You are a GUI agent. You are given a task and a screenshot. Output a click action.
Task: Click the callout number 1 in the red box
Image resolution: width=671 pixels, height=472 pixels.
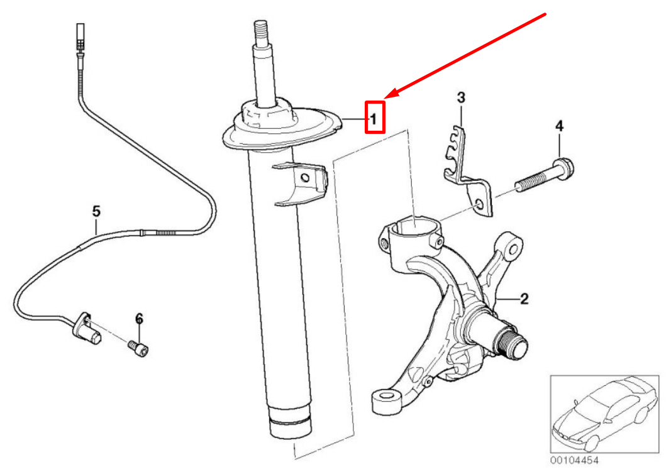pyautogui.click(x=374, y=118)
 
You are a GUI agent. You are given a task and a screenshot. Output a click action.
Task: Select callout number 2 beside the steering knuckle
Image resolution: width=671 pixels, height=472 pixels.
pyautogui.click(x=524, y=299)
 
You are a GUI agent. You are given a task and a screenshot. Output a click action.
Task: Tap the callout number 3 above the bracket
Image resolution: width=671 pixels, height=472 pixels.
pyautogui.click(x=461, y=97)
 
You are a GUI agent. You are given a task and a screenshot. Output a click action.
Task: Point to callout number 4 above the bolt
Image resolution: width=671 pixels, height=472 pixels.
pyautogui.click(x=559, y=126)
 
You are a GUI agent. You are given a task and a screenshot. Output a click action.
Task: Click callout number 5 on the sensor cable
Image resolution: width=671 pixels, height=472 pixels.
pyautogui.click(x=96, y=211)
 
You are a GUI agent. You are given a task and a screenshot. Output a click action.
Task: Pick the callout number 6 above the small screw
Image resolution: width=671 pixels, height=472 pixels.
pyautogui.click(x=140, y=319)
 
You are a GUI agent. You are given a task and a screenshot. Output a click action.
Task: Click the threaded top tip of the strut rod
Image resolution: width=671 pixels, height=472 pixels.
pyautogui.click(x=261, y=31)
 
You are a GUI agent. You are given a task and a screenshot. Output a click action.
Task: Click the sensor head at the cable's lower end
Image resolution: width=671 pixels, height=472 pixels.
pyautogui.click(x=87, y=329)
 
